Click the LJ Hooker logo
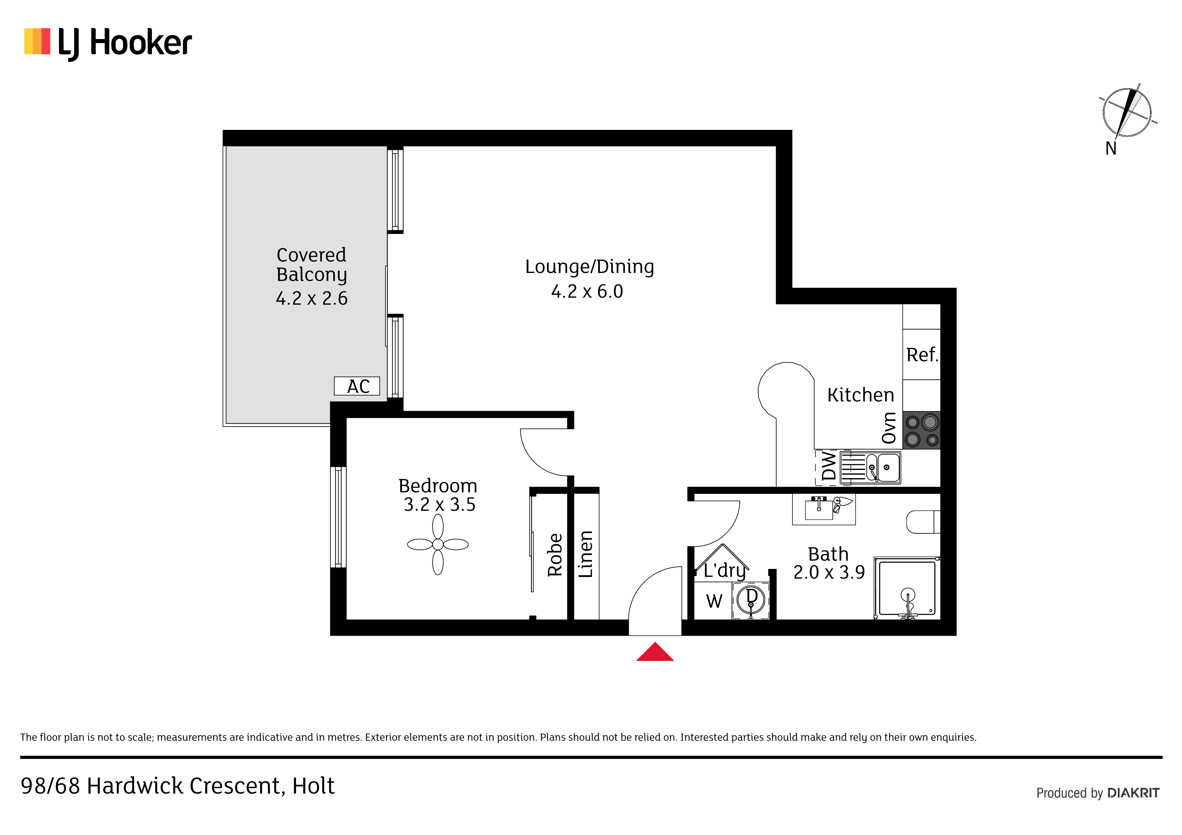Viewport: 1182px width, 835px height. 108,43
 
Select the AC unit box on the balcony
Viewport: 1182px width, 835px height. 357,386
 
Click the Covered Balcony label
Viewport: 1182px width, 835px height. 311,265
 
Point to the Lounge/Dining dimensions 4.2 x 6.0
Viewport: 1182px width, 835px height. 587,292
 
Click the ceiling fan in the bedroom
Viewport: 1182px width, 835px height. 438,544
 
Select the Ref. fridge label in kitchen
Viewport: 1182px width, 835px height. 922,355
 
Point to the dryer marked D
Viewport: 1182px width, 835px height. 751,600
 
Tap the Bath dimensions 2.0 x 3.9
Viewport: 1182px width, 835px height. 829,572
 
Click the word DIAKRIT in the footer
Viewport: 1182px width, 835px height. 1133,793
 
